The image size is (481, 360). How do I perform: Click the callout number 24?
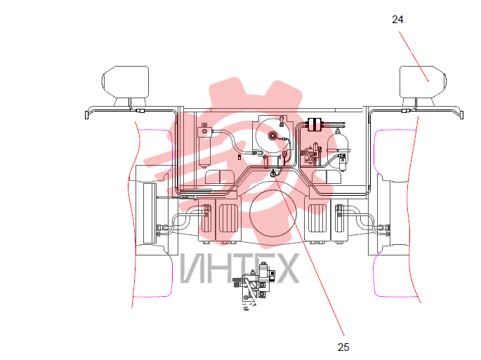(397, 20)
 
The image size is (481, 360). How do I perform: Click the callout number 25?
(343, 347)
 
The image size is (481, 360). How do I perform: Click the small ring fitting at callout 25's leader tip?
(272, 174)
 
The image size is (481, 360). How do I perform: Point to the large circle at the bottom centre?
(272, 213)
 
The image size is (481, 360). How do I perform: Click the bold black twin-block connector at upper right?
(314, 124)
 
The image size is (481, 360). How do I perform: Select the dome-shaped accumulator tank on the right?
(338, 142)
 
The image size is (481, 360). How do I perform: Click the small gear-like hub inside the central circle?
(272, 135)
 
